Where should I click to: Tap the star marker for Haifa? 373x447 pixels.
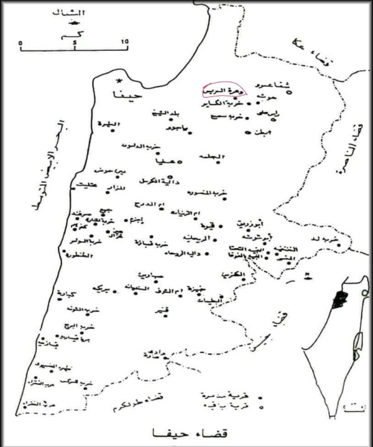pyautogui.click(x=119, y=81)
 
